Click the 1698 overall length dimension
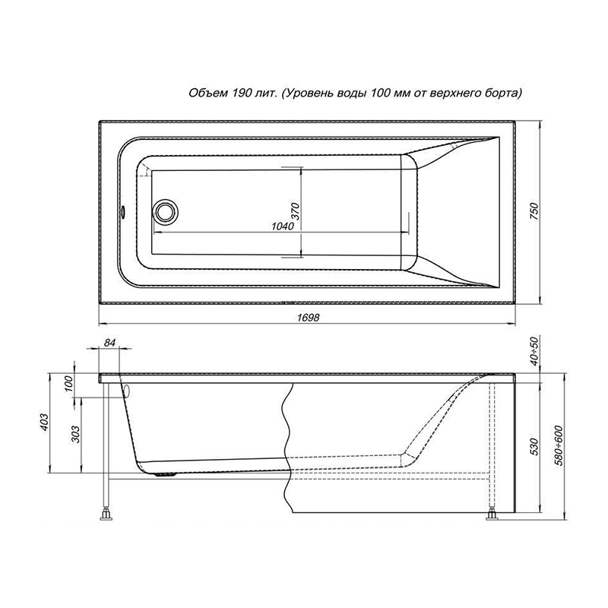(309, 318)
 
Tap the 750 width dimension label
(534, 211)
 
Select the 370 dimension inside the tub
(296, 211)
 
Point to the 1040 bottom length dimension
(283, 226)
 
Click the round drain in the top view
(166, 211)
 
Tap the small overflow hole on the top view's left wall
(124, 212)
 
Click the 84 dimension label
(110, 343)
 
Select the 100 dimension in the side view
(68, 384)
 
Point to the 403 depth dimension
(44, 423)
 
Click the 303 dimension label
(75, 434)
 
